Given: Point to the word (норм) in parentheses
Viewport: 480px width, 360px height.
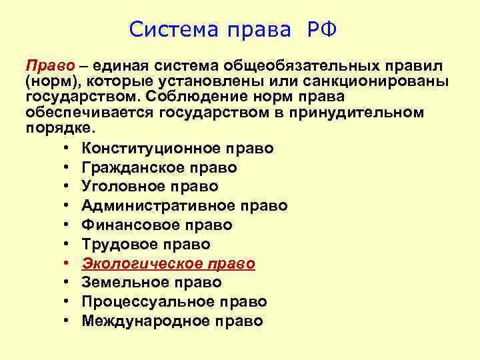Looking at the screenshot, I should [x=49, y=81].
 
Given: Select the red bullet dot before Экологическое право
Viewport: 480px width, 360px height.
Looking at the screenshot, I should [x=69, y=264].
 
